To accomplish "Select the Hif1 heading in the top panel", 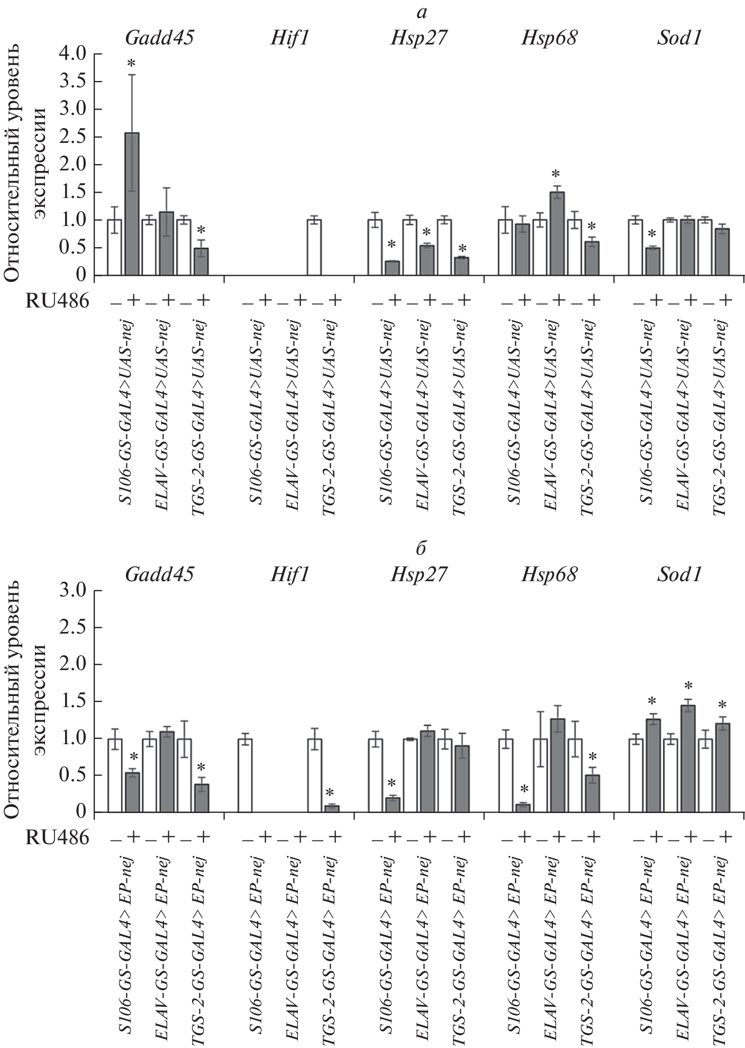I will tap(288, 39).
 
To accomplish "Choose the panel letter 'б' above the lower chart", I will tap(422, 549).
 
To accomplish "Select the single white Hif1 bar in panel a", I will tap(314, 248).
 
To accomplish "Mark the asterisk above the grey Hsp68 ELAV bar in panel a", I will tap(556, 174).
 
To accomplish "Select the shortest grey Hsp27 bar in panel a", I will tap(392, 268).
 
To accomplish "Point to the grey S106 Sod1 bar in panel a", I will tap(653, 261).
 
